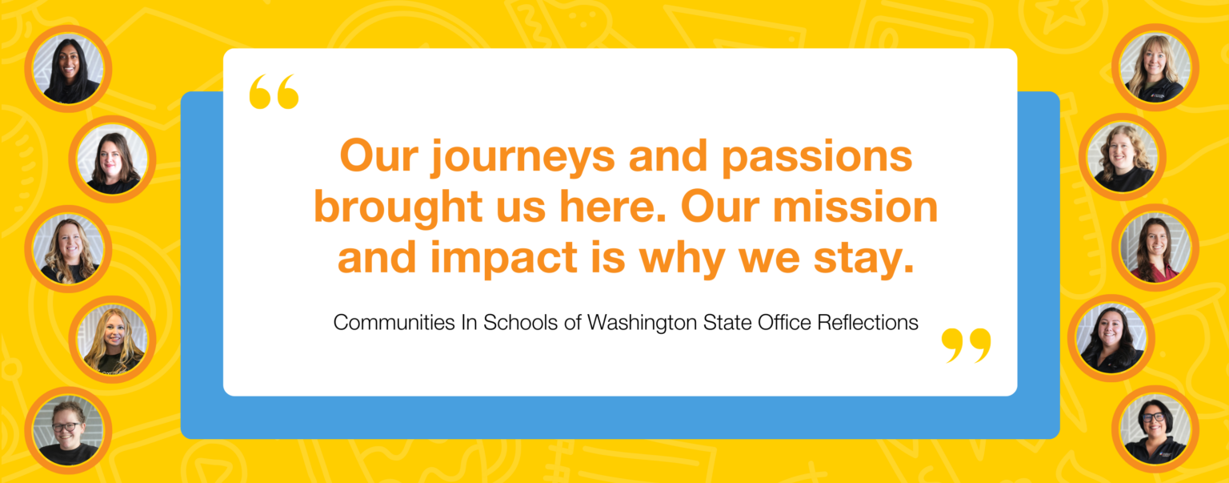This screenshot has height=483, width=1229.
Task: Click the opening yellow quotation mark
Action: click(x=274, y=92)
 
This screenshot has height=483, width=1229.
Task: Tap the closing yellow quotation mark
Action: click(x=966, y=344)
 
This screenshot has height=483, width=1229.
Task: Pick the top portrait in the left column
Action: click(x=68, y=68)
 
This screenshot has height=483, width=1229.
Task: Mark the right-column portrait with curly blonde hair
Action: click(x=1122, y=157)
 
